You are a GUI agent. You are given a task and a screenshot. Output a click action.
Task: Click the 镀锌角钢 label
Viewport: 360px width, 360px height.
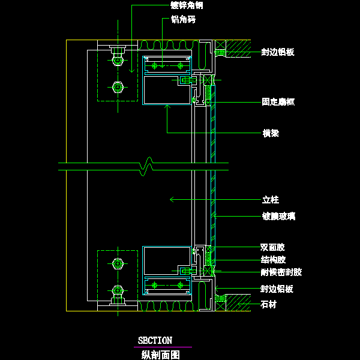[x=187, y=5]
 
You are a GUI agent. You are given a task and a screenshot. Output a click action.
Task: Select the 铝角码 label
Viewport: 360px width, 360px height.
[x=183, y=19]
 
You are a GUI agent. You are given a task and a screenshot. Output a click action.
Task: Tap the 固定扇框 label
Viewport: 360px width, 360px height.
[x=278, y=102]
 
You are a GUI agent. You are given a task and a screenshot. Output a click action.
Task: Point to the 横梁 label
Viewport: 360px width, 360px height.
[x=271, y=133]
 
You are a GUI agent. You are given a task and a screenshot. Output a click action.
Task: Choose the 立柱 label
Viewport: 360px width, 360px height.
[x=271, y=200]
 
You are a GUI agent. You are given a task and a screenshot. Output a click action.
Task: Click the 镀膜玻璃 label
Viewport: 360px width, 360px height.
[x=278, y=216]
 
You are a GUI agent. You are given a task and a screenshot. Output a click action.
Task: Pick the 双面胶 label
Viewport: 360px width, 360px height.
[x=272, y=247]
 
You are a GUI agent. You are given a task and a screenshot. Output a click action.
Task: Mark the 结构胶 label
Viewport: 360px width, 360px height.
[x=273, y=260]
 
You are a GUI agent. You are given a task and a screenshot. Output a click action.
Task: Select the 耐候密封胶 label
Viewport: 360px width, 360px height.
[x=281, y=272]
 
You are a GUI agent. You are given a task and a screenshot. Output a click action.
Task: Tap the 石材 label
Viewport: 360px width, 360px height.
[x=270, y=305]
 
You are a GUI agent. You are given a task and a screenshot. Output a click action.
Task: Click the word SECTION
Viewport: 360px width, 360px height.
[x=155, y=341]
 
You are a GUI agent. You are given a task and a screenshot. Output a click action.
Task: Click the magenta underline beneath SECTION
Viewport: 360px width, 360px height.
[x=162, y=347]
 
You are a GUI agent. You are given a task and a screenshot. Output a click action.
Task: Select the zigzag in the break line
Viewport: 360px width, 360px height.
[x=145, y=167]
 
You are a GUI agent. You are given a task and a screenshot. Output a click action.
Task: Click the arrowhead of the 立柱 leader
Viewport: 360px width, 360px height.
[x=172, y=199]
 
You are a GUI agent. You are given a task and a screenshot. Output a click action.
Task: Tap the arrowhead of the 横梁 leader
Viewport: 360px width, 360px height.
[x=167, y=106]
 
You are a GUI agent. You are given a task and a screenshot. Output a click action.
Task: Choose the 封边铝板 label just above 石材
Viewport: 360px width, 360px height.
[x=277, y=289]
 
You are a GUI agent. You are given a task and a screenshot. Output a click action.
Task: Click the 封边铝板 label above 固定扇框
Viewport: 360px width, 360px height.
[x=277, y=53]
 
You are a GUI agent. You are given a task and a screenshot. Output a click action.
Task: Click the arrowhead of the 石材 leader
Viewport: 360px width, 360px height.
[x=238, y=305]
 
